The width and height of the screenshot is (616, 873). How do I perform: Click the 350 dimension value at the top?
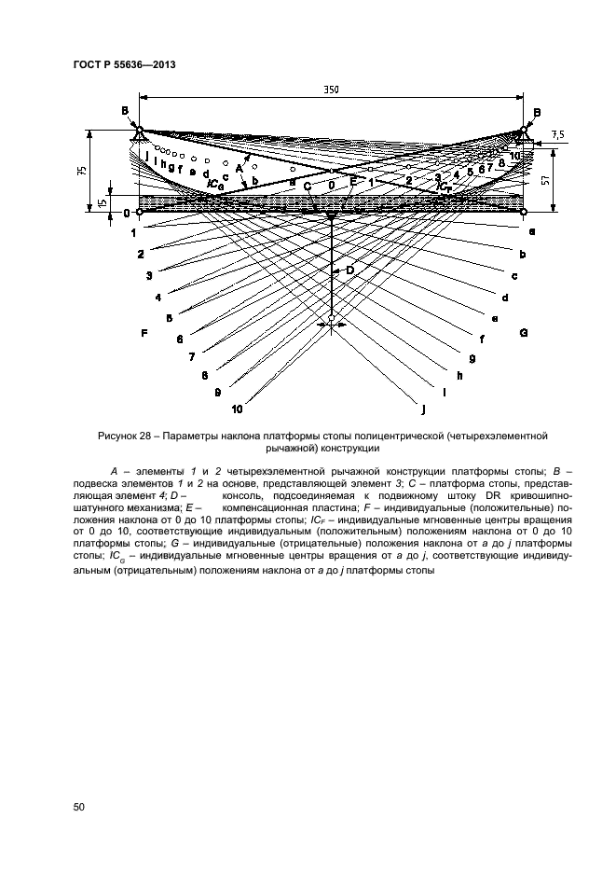330,90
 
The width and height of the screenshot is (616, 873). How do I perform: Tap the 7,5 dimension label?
558,134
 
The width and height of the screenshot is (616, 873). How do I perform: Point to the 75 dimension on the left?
82,171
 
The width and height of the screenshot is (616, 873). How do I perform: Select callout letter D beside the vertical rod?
351,270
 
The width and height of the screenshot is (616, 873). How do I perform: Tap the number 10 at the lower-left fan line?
237,409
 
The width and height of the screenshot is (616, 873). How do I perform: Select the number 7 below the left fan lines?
191,356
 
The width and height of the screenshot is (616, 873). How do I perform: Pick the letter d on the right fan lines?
504,298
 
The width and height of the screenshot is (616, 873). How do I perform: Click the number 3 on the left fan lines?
148,276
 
